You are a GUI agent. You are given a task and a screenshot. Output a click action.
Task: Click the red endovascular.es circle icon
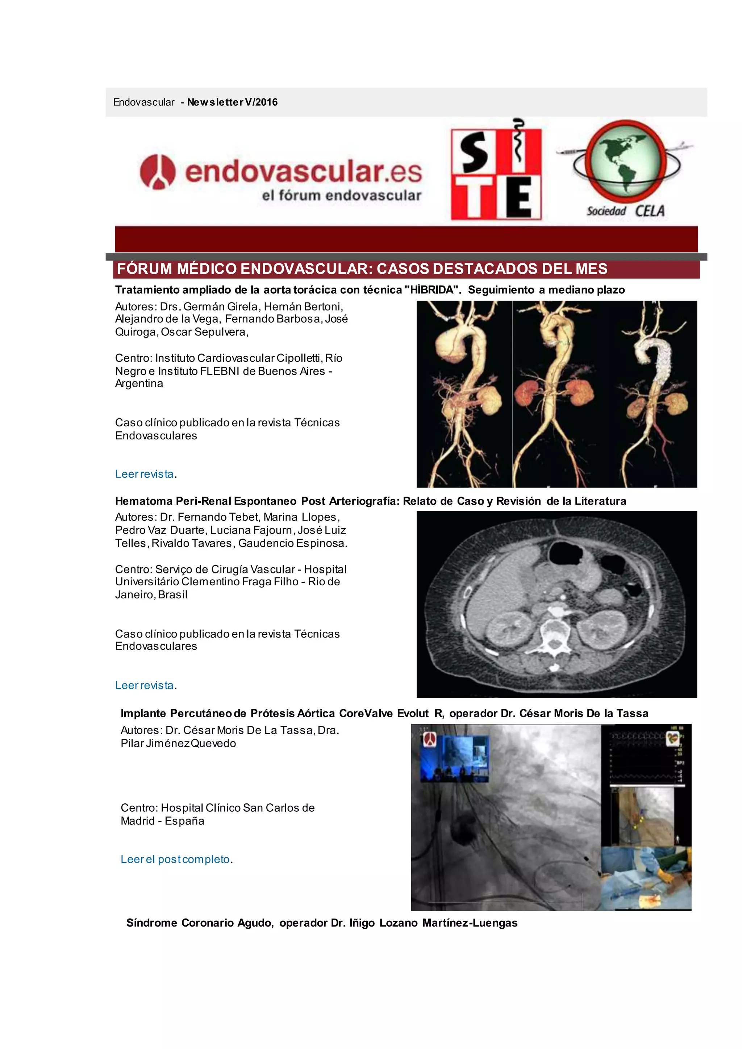click(x=158, y=172)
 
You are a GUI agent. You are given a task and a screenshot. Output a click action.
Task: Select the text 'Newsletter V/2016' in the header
click(x=232, y=103)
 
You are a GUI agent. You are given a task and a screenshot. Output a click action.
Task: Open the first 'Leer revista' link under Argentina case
click(x=145, y=474)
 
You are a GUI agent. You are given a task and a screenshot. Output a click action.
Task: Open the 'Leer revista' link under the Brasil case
click(x=145, y=685)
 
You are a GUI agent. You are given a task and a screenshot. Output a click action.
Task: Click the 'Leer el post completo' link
click(x=175, y=860)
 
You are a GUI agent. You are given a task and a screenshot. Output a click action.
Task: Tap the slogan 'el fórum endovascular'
click(x=341, y=196)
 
